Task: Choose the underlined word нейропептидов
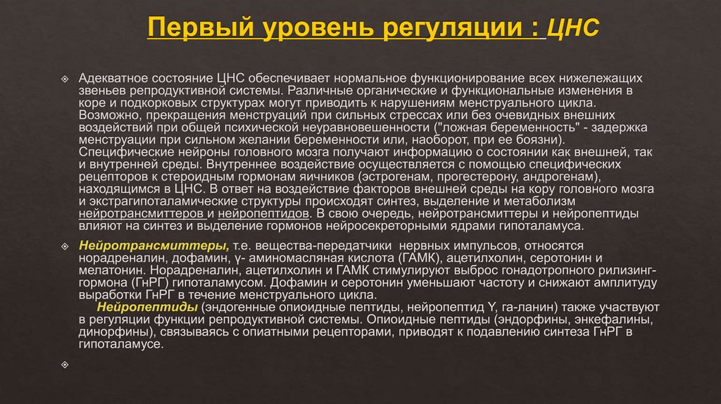pos(264,213)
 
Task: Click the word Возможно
pos(104,114)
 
